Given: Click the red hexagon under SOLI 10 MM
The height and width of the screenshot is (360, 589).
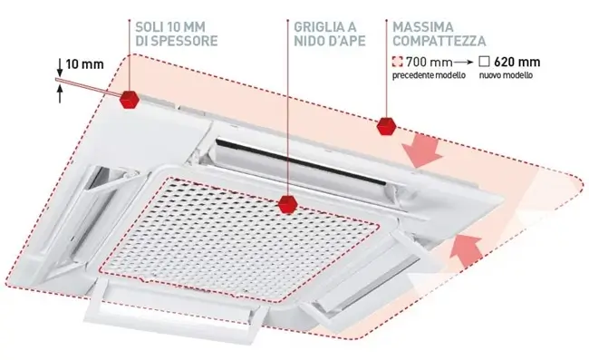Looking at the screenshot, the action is [x=130, y=100].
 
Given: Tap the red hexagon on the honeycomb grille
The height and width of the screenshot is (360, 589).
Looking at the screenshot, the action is [x=288, y=205].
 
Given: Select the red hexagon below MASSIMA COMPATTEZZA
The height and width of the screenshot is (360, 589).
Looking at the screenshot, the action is [x=386, y=126].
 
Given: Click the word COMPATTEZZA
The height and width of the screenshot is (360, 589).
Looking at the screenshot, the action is [x=439, y=41].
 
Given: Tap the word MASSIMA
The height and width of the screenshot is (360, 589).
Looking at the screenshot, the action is [x=423, y=27].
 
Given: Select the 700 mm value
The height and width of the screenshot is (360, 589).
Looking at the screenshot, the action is [x=430, y=62].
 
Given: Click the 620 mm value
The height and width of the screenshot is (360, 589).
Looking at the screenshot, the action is [x=517, y=62].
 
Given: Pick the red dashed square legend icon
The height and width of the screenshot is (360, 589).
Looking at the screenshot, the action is [x=398, y=62].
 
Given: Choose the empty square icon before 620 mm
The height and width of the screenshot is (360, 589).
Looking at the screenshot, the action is [x=485, y=62].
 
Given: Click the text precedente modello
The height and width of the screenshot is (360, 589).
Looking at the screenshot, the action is [x=429, y=75].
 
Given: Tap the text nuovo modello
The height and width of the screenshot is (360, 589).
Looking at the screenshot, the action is [x=506, y=75].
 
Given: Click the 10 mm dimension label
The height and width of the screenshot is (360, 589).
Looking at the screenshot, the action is [x=84, y=64].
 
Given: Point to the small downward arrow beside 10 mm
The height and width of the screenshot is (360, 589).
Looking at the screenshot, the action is [x=60, y=68].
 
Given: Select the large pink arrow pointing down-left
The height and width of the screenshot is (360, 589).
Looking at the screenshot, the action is [x=422, y=151].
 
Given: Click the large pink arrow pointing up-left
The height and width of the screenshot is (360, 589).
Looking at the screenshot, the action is [x=466, y=249].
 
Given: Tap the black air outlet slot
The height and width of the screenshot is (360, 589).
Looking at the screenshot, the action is [x=301, y=162].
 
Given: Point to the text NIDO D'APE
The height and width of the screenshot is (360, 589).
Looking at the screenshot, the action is [x=330, y=41].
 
